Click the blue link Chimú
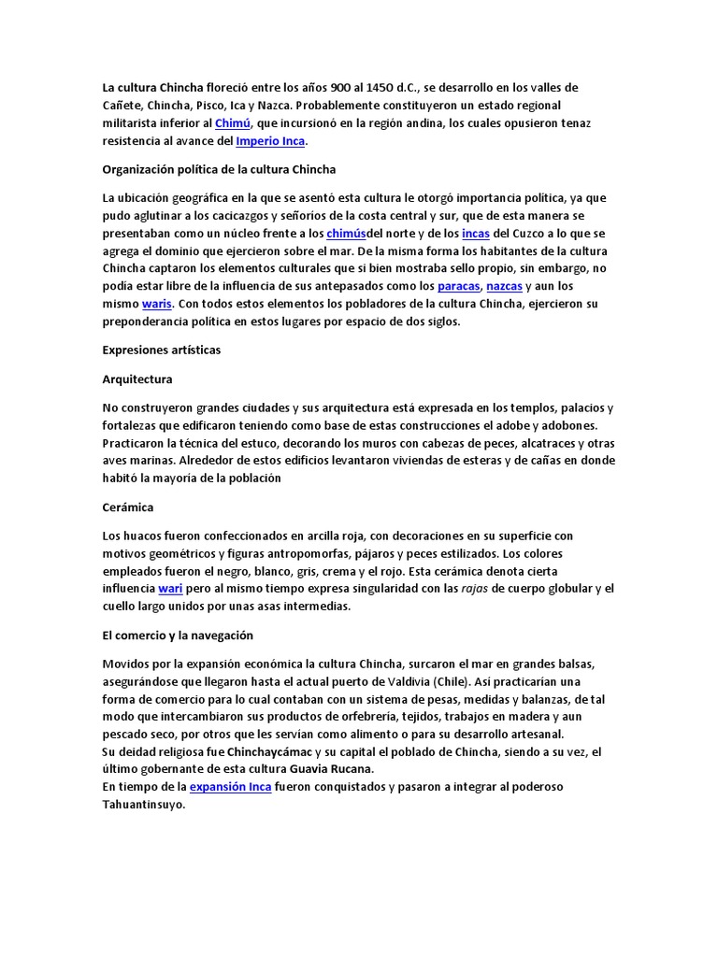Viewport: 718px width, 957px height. click(233, 123)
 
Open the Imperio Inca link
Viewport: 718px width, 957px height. click(270, 141)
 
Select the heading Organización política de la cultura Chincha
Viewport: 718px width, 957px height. click(219, 170)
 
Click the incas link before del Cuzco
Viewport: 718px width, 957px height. click(475, 233)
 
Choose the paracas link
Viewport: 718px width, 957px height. click(458, 286)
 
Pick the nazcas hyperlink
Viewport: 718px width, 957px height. click(504, 286)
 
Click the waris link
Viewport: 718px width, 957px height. click(157, 304)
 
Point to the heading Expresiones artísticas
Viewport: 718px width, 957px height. click(160, 350)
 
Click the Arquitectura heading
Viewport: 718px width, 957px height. click(136, 379)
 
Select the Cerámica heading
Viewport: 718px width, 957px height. click(127, 507)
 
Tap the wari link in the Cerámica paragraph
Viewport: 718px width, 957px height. click(169, 589)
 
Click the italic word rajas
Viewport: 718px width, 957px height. click(475, 589)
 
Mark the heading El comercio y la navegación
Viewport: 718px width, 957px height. click(178, 636)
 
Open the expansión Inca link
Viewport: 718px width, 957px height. click(230, 787)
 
